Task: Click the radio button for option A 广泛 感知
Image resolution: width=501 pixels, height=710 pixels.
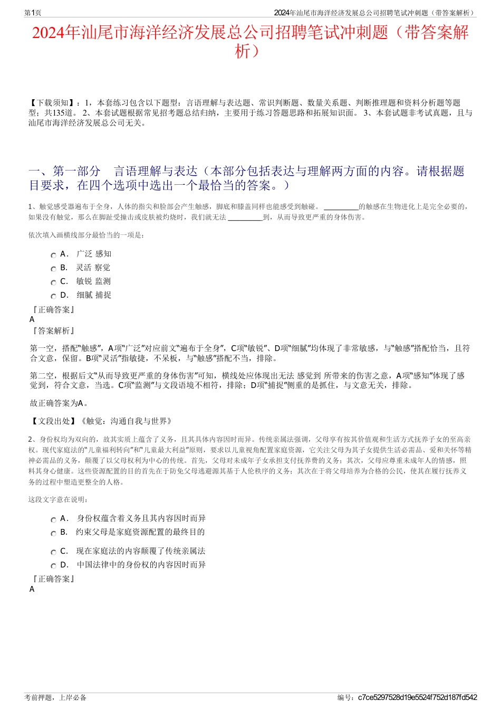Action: click(x=53, y=255)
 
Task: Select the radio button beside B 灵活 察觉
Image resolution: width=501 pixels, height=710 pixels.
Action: click(x=53, y=269)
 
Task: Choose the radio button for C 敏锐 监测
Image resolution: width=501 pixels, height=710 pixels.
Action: click(x=53, y=283)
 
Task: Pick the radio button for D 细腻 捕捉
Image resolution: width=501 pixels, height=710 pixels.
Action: click(x=53, y=297)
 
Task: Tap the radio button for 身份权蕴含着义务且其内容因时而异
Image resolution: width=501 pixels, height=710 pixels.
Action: click(x=53, y=520)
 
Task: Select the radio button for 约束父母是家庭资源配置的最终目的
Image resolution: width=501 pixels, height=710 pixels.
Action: click(x=53, y=534)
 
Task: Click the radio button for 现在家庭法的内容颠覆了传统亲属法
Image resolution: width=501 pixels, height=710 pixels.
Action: click(x=53, y=553)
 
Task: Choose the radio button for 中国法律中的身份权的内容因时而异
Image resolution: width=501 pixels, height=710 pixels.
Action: click(x=53, y=566)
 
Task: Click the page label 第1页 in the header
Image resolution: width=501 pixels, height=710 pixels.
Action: click(x=33, y=13)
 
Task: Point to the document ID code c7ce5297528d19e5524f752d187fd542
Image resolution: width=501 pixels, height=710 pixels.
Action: click(x=417, y=697)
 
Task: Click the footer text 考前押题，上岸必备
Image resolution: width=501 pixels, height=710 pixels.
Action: click(x=55, y=697)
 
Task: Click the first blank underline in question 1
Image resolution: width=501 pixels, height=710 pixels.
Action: click(x=341, y=207)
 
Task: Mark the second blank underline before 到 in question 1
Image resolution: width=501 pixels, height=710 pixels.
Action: click(x=245, y=217)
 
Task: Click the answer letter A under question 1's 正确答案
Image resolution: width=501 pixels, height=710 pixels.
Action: click(x=32, y=319)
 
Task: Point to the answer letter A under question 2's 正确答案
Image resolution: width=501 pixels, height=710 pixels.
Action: click(x=32, y=589)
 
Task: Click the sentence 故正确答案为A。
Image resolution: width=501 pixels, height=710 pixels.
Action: click(x=59, y=403)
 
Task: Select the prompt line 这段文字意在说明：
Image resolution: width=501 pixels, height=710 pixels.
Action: click(x=59, y=499)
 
